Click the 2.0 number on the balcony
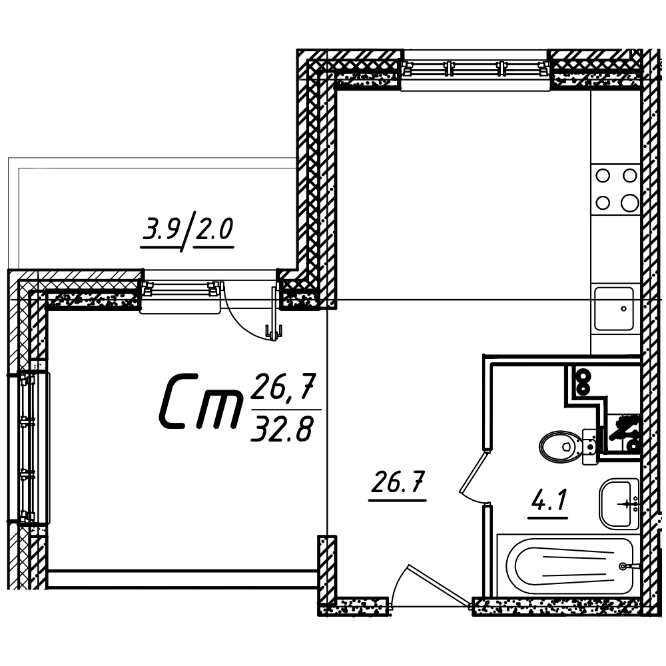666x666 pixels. [x=214, y=229]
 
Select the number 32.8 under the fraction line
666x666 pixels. [x=282, y=428]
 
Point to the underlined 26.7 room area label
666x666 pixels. [x=398, y=482]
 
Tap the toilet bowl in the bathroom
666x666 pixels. [x=561, y=446]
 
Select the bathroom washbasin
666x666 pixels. [x=619, y=503]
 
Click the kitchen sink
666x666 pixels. [x=614, y=309]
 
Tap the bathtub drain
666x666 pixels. [x=623, y=565]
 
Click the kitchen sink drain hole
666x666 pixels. [x=623, y=309]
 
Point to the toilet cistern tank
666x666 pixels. [x=590, y=446]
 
